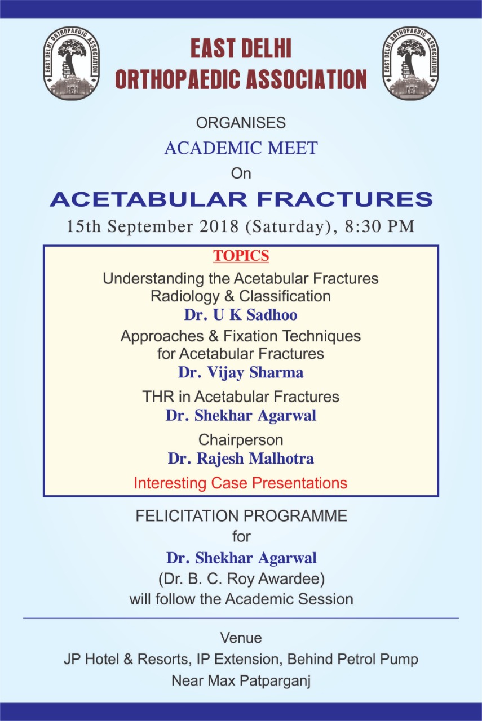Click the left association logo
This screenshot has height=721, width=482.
point(71,63)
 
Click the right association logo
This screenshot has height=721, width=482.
point(411,63)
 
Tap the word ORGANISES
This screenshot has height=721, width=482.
point(241,123)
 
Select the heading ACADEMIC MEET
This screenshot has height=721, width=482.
point(241,148)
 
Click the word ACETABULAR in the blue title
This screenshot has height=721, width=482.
point(148,199)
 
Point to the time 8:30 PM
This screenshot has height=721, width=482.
point(379,226)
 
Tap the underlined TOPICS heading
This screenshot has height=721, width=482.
point(241,256)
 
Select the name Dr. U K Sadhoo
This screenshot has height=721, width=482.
point(241,314)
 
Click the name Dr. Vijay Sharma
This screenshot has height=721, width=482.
point(241,372)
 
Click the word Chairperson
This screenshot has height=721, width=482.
point(241,440)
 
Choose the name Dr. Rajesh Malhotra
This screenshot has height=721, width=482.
point(241,459)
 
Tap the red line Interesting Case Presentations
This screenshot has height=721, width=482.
point(241,483)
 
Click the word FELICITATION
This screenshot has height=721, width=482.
point(187,516)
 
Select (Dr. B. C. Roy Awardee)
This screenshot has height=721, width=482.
point(241,578)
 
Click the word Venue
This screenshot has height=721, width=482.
point(241,638)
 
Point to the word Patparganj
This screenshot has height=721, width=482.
point(275,682)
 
